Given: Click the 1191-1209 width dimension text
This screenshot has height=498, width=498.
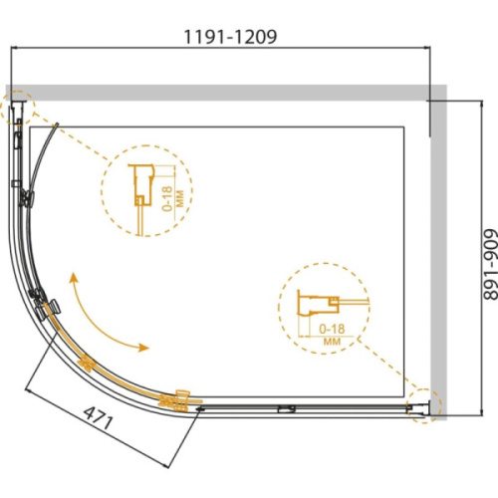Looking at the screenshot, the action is [230, 37].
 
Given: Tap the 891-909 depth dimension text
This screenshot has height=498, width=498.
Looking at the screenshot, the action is [490, 264].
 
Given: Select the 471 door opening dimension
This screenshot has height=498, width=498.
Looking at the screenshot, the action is [98, 418].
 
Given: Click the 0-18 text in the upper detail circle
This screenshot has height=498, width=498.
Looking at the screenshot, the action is [167, 198].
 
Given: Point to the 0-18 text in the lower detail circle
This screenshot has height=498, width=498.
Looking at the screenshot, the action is [332, 329].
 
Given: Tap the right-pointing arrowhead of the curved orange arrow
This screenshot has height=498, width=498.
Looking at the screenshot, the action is [143, 348].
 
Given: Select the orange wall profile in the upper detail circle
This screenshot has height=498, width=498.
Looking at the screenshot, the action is [141, 185].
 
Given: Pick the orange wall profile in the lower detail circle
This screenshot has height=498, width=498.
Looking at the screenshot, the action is [318, 303].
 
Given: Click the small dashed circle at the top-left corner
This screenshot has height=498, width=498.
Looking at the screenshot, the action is [18, 108].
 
